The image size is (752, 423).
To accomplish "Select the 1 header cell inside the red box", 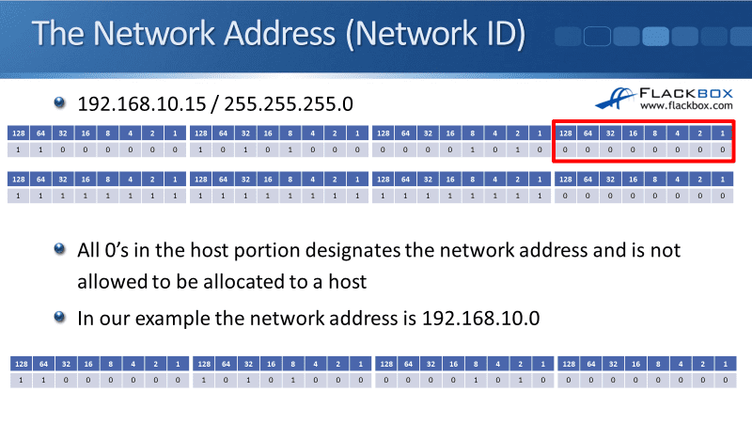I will point(722,133).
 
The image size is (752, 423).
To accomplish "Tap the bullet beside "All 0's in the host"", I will point(61,249).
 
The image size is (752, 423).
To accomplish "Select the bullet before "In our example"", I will point(61,317).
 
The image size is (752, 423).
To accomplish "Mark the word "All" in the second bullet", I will point(90,251).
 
